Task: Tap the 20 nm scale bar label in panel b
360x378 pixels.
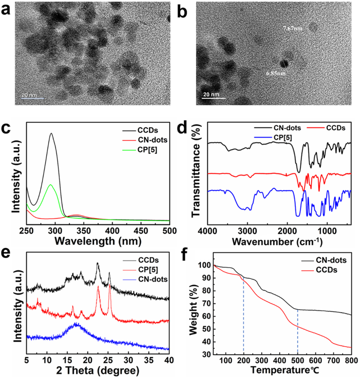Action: (211, 94)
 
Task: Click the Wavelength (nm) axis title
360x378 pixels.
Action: (98, 242)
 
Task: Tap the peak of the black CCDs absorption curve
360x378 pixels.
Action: (51, 133)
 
